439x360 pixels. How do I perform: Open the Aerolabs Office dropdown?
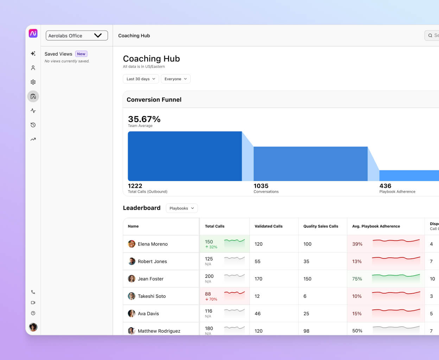77,36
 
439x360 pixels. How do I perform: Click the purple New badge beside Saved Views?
81,54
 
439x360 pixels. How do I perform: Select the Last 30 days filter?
141,79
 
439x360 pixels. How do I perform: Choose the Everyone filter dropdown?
176,79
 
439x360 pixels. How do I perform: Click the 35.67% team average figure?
144,119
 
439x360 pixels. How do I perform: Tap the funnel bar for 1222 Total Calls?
185,156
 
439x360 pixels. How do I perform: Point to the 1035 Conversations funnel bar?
310,164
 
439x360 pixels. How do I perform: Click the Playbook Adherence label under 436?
397,192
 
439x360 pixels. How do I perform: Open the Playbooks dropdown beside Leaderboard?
182,208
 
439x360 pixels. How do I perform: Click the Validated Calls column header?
268,226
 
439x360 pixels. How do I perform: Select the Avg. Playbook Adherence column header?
376,226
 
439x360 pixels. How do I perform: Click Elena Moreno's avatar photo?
132,244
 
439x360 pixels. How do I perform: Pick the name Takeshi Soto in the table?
152,296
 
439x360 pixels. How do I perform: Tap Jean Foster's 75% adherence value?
357,279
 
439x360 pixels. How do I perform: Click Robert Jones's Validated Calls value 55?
257,262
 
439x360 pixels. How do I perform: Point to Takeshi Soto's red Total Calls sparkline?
234,293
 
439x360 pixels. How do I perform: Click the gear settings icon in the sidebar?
33,82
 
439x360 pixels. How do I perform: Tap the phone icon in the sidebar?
33,292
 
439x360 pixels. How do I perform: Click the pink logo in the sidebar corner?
33,33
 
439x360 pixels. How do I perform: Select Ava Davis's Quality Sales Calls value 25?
306,314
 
